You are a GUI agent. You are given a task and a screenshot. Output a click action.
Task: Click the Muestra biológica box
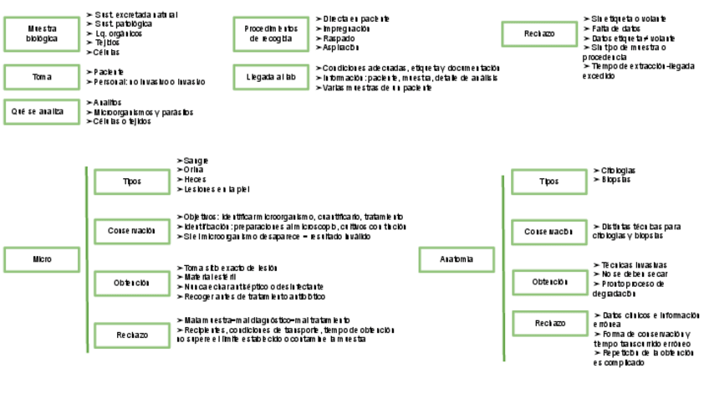click(x=42, y=33)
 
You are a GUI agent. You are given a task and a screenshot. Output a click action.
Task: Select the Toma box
click(x=42, y=77)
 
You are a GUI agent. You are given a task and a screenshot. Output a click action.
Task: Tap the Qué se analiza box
click(x=42, y=111)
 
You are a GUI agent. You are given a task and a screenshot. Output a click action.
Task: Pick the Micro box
click(x=42, y=259)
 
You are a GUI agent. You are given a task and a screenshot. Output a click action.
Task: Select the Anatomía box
click(x=457, y=259)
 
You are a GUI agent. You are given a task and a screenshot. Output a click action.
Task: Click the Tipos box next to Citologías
click(x=548, y=182)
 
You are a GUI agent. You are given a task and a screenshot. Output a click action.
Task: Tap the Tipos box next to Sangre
click(x=132, y=182)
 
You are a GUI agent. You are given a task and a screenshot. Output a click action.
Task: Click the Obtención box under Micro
click(x=132, y=283)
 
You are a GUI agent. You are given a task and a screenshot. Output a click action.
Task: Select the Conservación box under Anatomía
click(x=548, y=232)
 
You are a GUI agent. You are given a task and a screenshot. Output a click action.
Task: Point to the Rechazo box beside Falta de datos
click(x=538, y=33)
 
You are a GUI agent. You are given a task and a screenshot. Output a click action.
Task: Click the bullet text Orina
click(x=192, y=169)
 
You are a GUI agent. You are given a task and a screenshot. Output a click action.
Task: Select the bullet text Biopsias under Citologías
click(x=615, y=180)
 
